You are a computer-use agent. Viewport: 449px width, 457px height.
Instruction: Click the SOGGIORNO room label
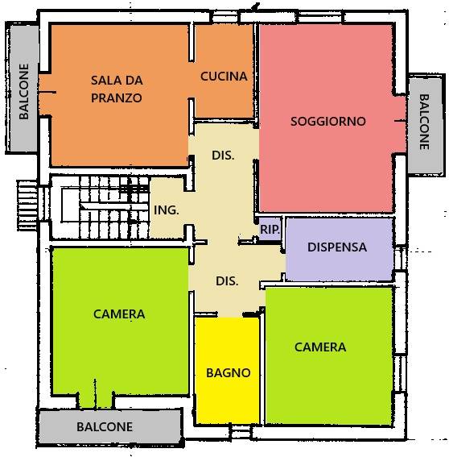tap(327, 122)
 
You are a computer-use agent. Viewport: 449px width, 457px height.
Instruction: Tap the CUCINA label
tap(223, 77)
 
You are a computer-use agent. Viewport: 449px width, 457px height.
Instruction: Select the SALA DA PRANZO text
tap(117, 89)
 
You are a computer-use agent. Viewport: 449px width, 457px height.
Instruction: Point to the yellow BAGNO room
tap(228, 372)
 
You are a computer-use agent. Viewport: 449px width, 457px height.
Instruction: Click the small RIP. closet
tap(270, 230)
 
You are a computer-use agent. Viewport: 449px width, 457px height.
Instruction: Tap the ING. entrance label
tap(166, 210)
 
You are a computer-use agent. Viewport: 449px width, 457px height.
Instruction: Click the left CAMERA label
tap(118, 314)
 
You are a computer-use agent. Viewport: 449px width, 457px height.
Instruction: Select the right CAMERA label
tap(320, 347)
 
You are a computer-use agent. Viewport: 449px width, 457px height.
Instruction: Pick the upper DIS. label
tap(223, 156)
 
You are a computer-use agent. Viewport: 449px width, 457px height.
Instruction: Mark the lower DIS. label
tap(228, 281)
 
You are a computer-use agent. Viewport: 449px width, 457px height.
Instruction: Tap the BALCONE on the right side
tap(424, 123)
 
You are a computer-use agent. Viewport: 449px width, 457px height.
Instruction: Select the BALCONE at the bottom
tap(105, 426)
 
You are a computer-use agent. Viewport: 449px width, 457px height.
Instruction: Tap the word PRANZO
tap(117, 98)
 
